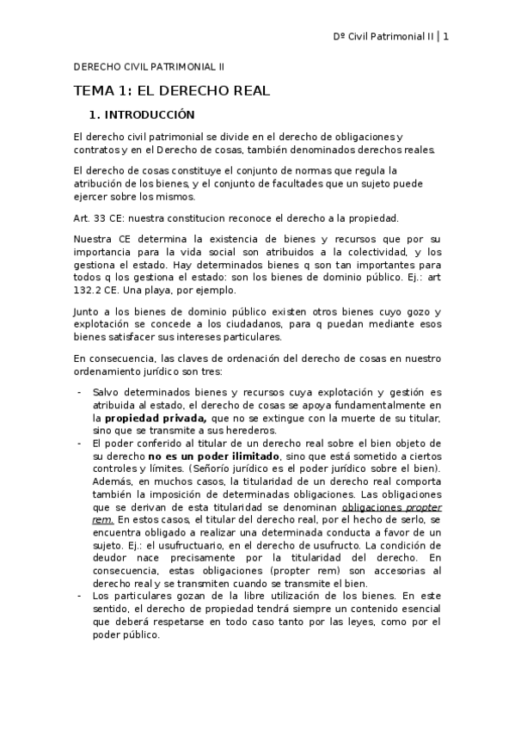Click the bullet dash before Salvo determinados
(80, 392)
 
